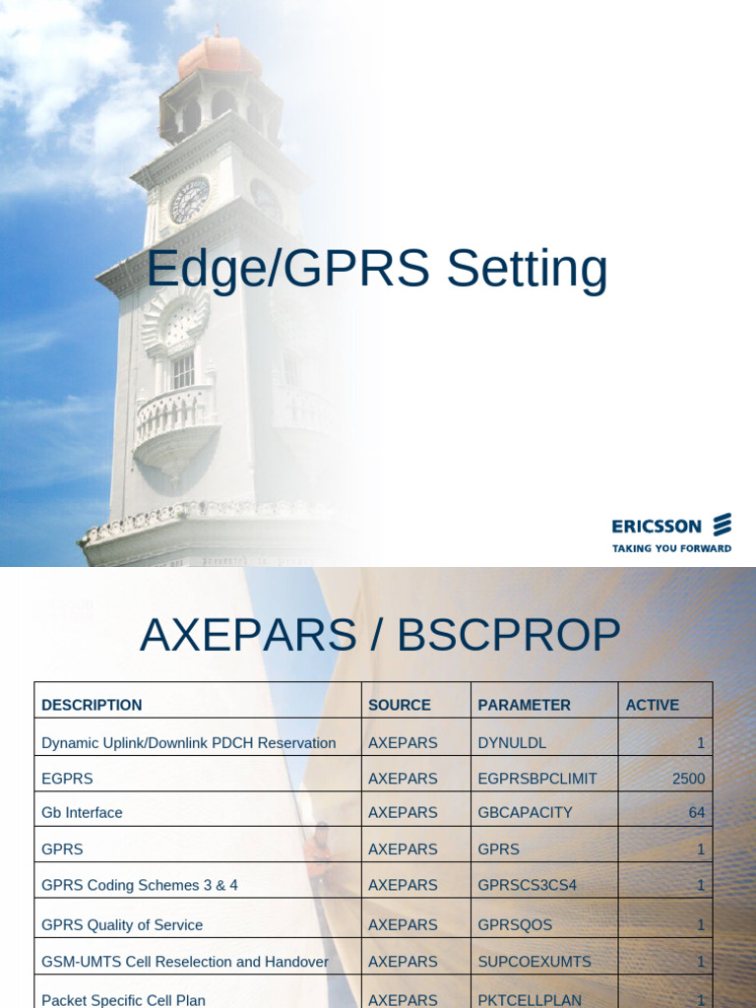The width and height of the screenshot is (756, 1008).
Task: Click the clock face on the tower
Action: pyautogui.click(x=189, y=201)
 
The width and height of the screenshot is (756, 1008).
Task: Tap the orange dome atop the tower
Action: pyautogui.click(x=220, y=57)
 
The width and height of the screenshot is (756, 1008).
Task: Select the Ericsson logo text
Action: pyautogui.click(x=657, y=527)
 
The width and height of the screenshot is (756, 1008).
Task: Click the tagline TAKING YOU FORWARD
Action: pyautogui.click(x=671, y=548)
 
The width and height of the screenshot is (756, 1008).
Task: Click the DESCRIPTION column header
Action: pyautogui.click(x=92, y=705)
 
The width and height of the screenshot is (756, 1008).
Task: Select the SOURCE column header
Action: pyautogui.click(x=400, y=705)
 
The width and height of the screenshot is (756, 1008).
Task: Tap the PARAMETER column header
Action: pyautogui.click(x=524, y=705)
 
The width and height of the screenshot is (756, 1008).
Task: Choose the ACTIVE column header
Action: pyautogui.click(x=653, y=705)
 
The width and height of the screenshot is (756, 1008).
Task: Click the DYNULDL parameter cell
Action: pyautogui.click(x=512, y=743)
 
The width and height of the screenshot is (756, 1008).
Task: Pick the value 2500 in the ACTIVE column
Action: pyautogui.click(x=688, y=779)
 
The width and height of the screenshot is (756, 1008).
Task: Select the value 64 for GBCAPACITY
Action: pyautogui.click(x=696, y=813)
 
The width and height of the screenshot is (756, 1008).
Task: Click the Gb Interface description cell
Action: pyautogui.click(x=82, y=813)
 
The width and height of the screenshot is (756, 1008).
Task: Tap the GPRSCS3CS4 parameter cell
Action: pyautogui.click(x=528, y=885)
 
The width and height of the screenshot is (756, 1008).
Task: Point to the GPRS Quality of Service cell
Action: pyautogui.click(x=122, y=925)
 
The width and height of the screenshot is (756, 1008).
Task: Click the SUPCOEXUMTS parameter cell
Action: pyautogui.click(x=535, y=962)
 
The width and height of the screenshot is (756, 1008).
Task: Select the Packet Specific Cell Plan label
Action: pyautogui.click(x=123, y=1000)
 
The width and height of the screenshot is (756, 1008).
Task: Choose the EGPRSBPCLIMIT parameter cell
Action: pyautogui.click(x=537, y=779)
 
